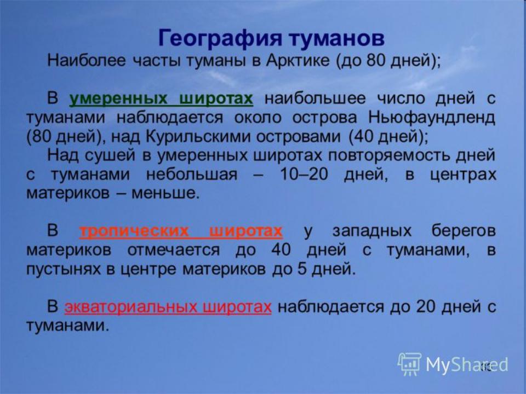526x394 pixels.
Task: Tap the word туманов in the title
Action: coord(336,38)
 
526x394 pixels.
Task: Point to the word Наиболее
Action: coord(87,61)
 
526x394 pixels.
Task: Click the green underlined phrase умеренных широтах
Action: coord(161,99)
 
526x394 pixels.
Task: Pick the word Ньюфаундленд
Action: coord(432,118)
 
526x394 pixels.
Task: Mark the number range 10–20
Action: coord(304,175)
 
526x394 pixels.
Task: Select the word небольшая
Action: coord(192,175)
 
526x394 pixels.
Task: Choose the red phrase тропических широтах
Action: coord(181,231)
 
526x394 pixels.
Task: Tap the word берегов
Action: coord(464,231)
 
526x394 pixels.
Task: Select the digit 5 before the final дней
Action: coord(302,269)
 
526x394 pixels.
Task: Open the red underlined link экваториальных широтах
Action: coord(168,307)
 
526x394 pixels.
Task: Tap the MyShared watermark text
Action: coord(467,365)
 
